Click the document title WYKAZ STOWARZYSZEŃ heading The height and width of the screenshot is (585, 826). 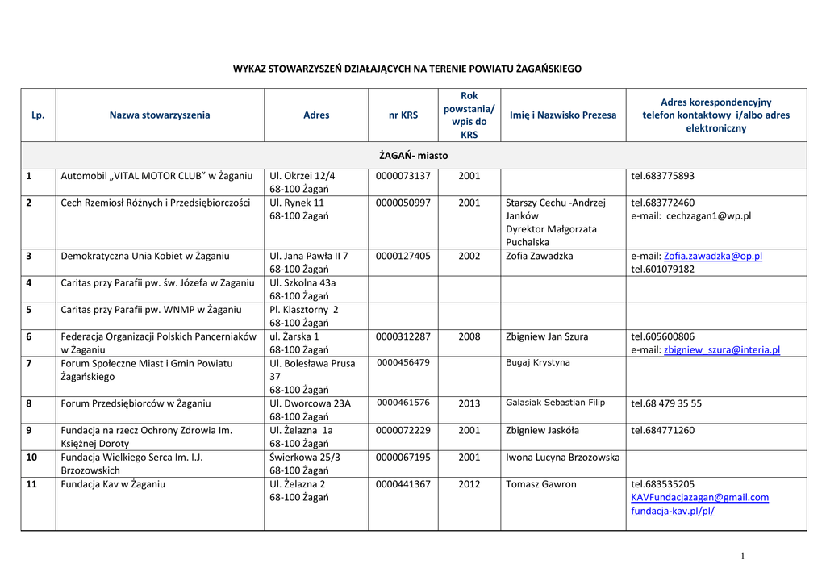click(407, 69)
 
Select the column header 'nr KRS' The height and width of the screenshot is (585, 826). click(403, 115)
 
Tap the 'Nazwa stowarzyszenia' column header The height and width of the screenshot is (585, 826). click(160, 115)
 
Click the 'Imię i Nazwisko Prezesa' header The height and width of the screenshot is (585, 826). click(563, 115)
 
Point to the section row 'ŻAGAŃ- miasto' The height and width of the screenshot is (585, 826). click(413, 155)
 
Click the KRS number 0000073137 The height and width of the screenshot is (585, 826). click(403, 176)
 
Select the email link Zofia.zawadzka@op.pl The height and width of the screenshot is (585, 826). click(712, 256)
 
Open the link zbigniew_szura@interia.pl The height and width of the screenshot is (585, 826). click(722, 350)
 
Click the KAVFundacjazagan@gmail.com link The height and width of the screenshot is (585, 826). click(699, 498)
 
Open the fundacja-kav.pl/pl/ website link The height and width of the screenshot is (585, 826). click(673, 511)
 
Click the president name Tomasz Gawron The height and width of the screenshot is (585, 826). click(541, 484)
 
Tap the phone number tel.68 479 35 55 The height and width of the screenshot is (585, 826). click(666, 403)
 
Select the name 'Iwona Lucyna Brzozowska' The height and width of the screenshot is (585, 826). click(563, 458)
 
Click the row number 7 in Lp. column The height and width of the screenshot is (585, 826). click(29, 363)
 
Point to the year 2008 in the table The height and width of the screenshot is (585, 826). click(469, 336)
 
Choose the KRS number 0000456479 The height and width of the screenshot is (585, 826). click(403, 363)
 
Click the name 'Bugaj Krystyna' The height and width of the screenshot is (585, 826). click(538, 363)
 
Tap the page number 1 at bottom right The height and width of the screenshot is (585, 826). click(740, 556)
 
